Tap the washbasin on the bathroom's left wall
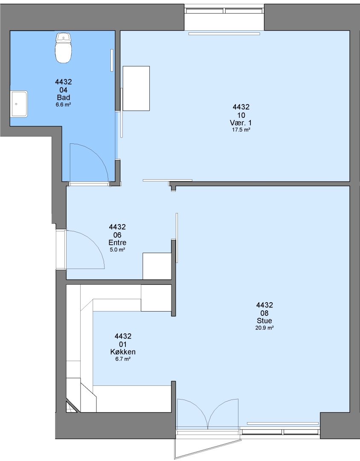(19, 104)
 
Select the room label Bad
(64, 97)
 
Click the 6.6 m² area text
(64, 105)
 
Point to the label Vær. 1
(241, 123)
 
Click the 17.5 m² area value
(241, 130)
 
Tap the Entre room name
(117, 242)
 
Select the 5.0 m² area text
(117, 250)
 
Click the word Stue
(264, 321)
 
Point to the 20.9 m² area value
(264, 328)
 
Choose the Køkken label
(123, 352)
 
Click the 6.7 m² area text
(123, 359)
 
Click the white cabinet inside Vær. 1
(136, 88)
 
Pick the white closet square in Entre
(157, 266)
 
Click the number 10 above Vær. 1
(241, 115)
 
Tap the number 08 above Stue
(264, 313)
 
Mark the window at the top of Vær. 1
(224, 11)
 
